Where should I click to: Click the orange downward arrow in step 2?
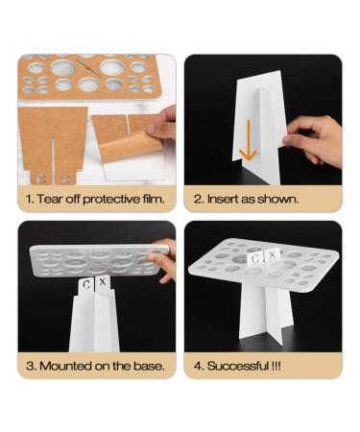tap(249, 140)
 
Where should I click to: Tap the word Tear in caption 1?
tap(50, 199)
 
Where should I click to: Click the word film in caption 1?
tap(154, 199)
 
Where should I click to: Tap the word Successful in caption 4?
tap(238, 366)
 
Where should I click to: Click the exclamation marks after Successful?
tap(276, 366)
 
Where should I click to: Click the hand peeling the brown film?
tap(161, 123)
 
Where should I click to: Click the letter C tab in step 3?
tap(86, 285)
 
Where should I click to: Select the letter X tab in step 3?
tap(103, 282)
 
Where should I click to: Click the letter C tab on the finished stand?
tap(255, 258)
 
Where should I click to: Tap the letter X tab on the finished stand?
tap(273, 255)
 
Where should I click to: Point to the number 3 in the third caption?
tap(30, 366)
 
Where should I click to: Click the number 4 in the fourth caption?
tap(199, 366)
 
